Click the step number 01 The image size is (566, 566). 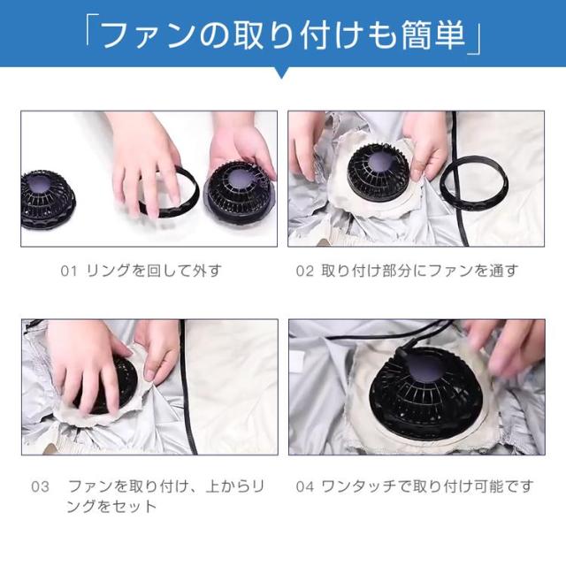point(69,271)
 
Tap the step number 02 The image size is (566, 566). point(304,271)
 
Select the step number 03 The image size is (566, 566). point(40,486)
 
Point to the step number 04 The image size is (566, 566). point(304,486)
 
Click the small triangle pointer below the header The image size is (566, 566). point(283,73)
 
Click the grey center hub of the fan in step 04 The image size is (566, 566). point(426,371)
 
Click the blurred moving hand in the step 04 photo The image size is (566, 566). point(513,347)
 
